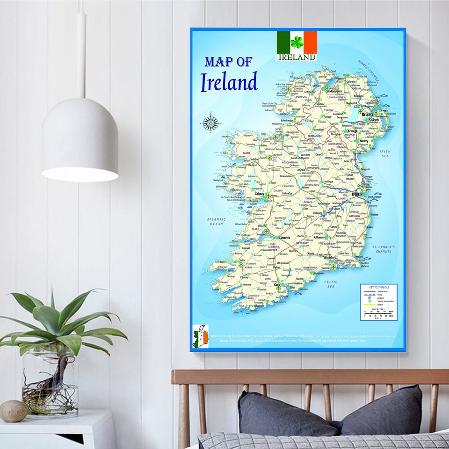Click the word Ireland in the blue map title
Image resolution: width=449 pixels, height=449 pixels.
229,82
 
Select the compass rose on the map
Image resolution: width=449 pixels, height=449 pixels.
210,123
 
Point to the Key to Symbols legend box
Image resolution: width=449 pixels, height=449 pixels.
378,302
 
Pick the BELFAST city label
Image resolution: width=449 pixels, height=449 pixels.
367,114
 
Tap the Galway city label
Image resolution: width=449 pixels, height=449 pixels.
259,193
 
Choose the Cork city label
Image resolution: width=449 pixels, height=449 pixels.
277,284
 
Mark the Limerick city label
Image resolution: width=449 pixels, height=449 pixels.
284,238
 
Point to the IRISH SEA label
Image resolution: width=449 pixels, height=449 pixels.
385,154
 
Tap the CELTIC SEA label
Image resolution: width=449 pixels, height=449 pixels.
331,284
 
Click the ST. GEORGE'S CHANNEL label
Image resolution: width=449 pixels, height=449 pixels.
384,249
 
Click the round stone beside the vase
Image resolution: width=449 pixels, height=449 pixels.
13,411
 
